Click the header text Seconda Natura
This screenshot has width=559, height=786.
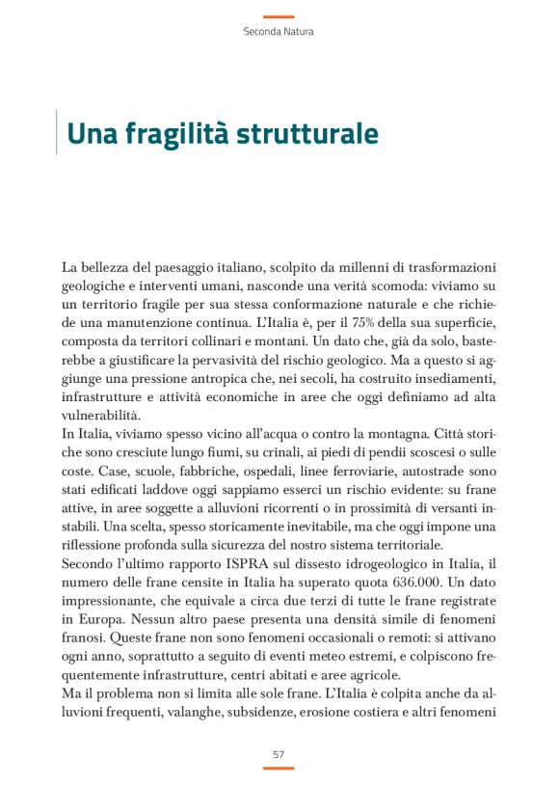279,31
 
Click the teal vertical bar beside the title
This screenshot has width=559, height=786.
58,133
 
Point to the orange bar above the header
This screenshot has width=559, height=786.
279,16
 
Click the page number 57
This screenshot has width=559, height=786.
279,753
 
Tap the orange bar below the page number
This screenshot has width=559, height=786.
279,768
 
